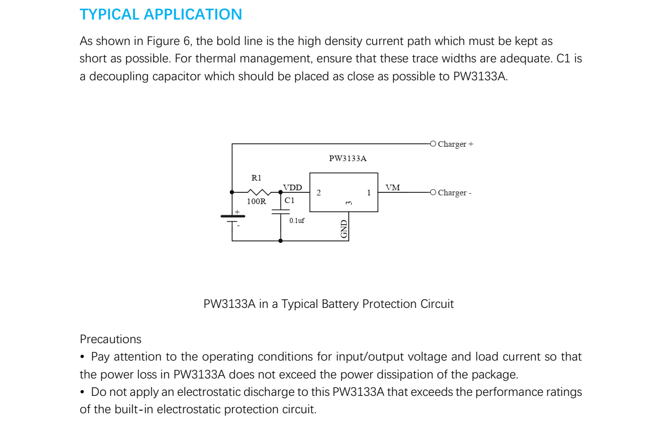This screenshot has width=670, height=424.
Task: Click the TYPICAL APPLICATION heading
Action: pos(161,14)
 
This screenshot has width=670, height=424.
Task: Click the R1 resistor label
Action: pos(256,178)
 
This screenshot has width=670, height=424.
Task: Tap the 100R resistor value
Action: pos(256,202)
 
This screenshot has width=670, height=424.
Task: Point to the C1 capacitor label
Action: pos(290,200)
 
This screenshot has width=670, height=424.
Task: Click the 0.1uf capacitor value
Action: pos(297,221)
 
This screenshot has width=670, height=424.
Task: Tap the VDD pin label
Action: pos(292,188)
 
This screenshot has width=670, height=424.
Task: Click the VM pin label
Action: pos(393,188)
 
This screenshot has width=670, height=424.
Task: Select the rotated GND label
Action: pos(344,229)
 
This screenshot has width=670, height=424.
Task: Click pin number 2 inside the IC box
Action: pos(319,193)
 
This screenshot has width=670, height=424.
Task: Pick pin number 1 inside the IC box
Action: pos(369,193)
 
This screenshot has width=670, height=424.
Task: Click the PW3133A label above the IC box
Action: pos(348,159)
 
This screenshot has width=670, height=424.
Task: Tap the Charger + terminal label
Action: pos(456,144)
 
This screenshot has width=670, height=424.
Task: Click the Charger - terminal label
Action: pos(455,193)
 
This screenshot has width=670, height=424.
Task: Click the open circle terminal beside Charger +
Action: pos(433,144)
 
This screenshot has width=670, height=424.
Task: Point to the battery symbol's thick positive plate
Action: pos(232,216)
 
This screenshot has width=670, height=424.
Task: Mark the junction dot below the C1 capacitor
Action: pos(280,240)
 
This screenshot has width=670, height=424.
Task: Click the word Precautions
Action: pos(111,339)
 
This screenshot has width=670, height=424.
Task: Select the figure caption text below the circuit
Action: pos(329,304)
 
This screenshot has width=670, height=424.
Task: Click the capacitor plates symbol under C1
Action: pos(280,212)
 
